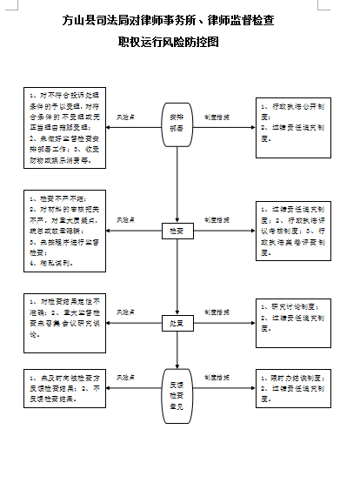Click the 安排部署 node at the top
click(177, 125)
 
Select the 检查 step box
click(177, 231)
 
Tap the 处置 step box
click(177, 322)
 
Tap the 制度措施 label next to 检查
click(217, 219)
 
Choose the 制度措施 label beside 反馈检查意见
click(217, 377)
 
